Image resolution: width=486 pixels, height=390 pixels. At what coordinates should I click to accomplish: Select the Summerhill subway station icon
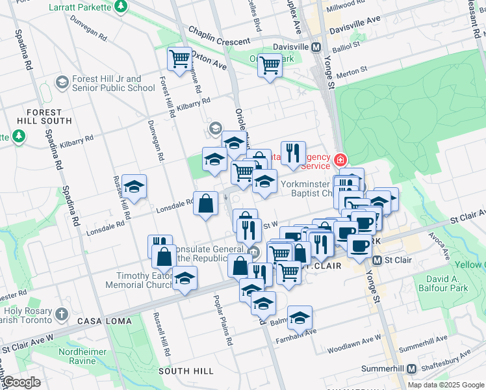click(x=411, y=369)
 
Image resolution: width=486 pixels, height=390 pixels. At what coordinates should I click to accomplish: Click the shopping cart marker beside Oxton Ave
click(x=179, y=59)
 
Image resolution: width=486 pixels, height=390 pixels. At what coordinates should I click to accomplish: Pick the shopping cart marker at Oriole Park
click(x=270, y=65)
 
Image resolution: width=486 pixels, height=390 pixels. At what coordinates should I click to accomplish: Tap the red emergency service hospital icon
click(x=339, y=159)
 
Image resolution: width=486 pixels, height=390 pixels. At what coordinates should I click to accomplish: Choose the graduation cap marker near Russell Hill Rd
click(x=134, y=187)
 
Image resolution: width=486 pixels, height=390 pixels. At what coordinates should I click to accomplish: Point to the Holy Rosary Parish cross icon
click(x=61, y=315)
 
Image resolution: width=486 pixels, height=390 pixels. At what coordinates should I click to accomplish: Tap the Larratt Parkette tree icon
click(x=120, y=6)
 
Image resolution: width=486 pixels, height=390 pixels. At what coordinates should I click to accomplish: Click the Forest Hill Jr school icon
click(x=62, y=83)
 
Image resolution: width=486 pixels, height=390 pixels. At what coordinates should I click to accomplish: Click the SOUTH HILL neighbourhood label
click(x=186, y=370)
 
